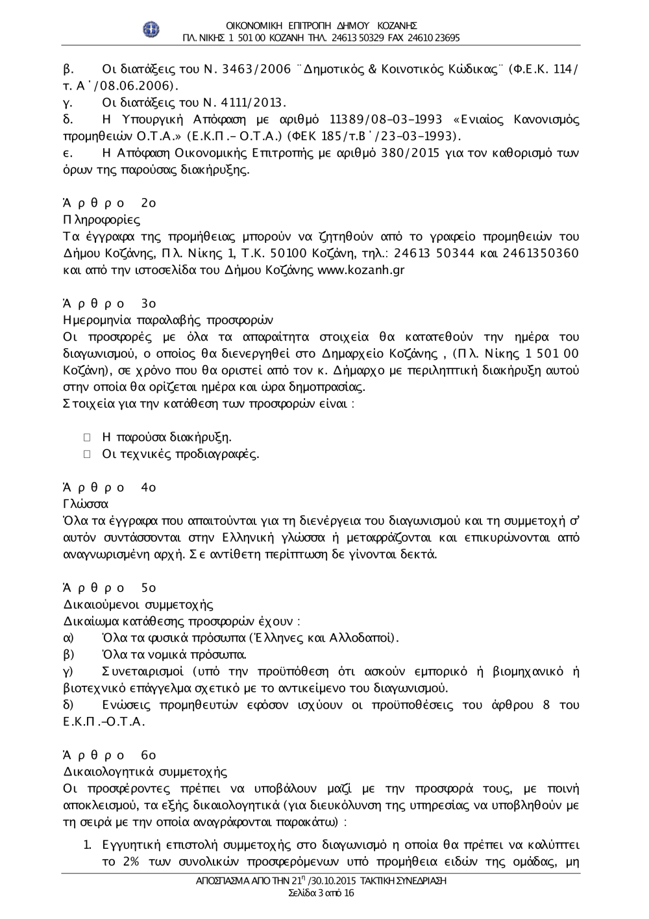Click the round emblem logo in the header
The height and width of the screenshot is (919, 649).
click(151, 30)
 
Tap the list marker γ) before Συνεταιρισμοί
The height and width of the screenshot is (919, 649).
click(68, 671)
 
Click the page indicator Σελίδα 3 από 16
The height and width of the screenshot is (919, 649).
click(321, 893)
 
